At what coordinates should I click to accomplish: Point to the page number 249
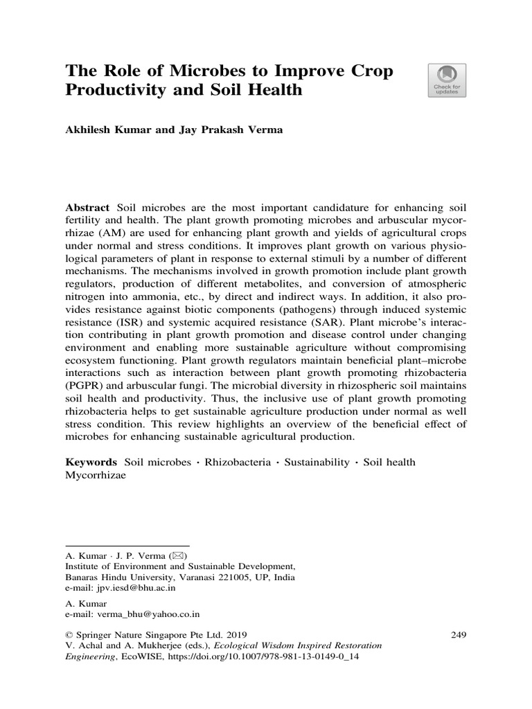click(459, 634)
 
